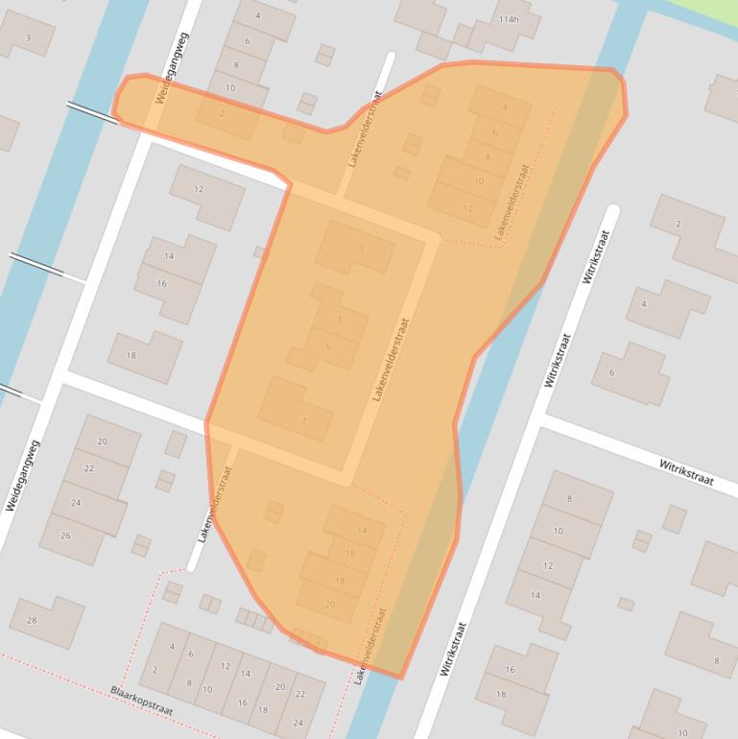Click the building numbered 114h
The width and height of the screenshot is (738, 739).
tap(509, 19)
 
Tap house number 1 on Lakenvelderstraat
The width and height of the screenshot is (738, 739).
tap(361, 250)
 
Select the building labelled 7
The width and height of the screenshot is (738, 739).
tap(303, 419)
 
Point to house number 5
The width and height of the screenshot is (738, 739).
tap(327, 347)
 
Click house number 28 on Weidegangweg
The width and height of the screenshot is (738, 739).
tap(32, 620)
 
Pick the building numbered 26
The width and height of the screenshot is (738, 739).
tap(65, 536)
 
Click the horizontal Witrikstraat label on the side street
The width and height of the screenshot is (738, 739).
tap(686, 474)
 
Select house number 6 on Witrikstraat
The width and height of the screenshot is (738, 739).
tap(611, 372)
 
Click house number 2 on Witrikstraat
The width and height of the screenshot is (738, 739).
tap(678, 225)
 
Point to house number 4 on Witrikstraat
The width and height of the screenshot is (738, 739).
tap(643, 304)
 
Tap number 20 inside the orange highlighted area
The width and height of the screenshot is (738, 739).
tap(330, 604)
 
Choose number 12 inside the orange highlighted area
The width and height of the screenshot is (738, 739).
tap(467, 208)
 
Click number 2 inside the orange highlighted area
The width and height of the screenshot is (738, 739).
tap(222, 113)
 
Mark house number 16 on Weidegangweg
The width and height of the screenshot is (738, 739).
tap(161, 283)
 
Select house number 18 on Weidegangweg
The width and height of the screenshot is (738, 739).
tap(131, 355)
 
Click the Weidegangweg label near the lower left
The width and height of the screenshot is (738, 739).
tap(23, 475)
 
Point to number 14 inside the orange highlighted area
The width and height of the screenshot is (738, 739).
tap(362, 530)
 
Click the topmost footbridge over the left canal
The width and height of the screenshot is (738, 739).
tap(92, 112)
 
